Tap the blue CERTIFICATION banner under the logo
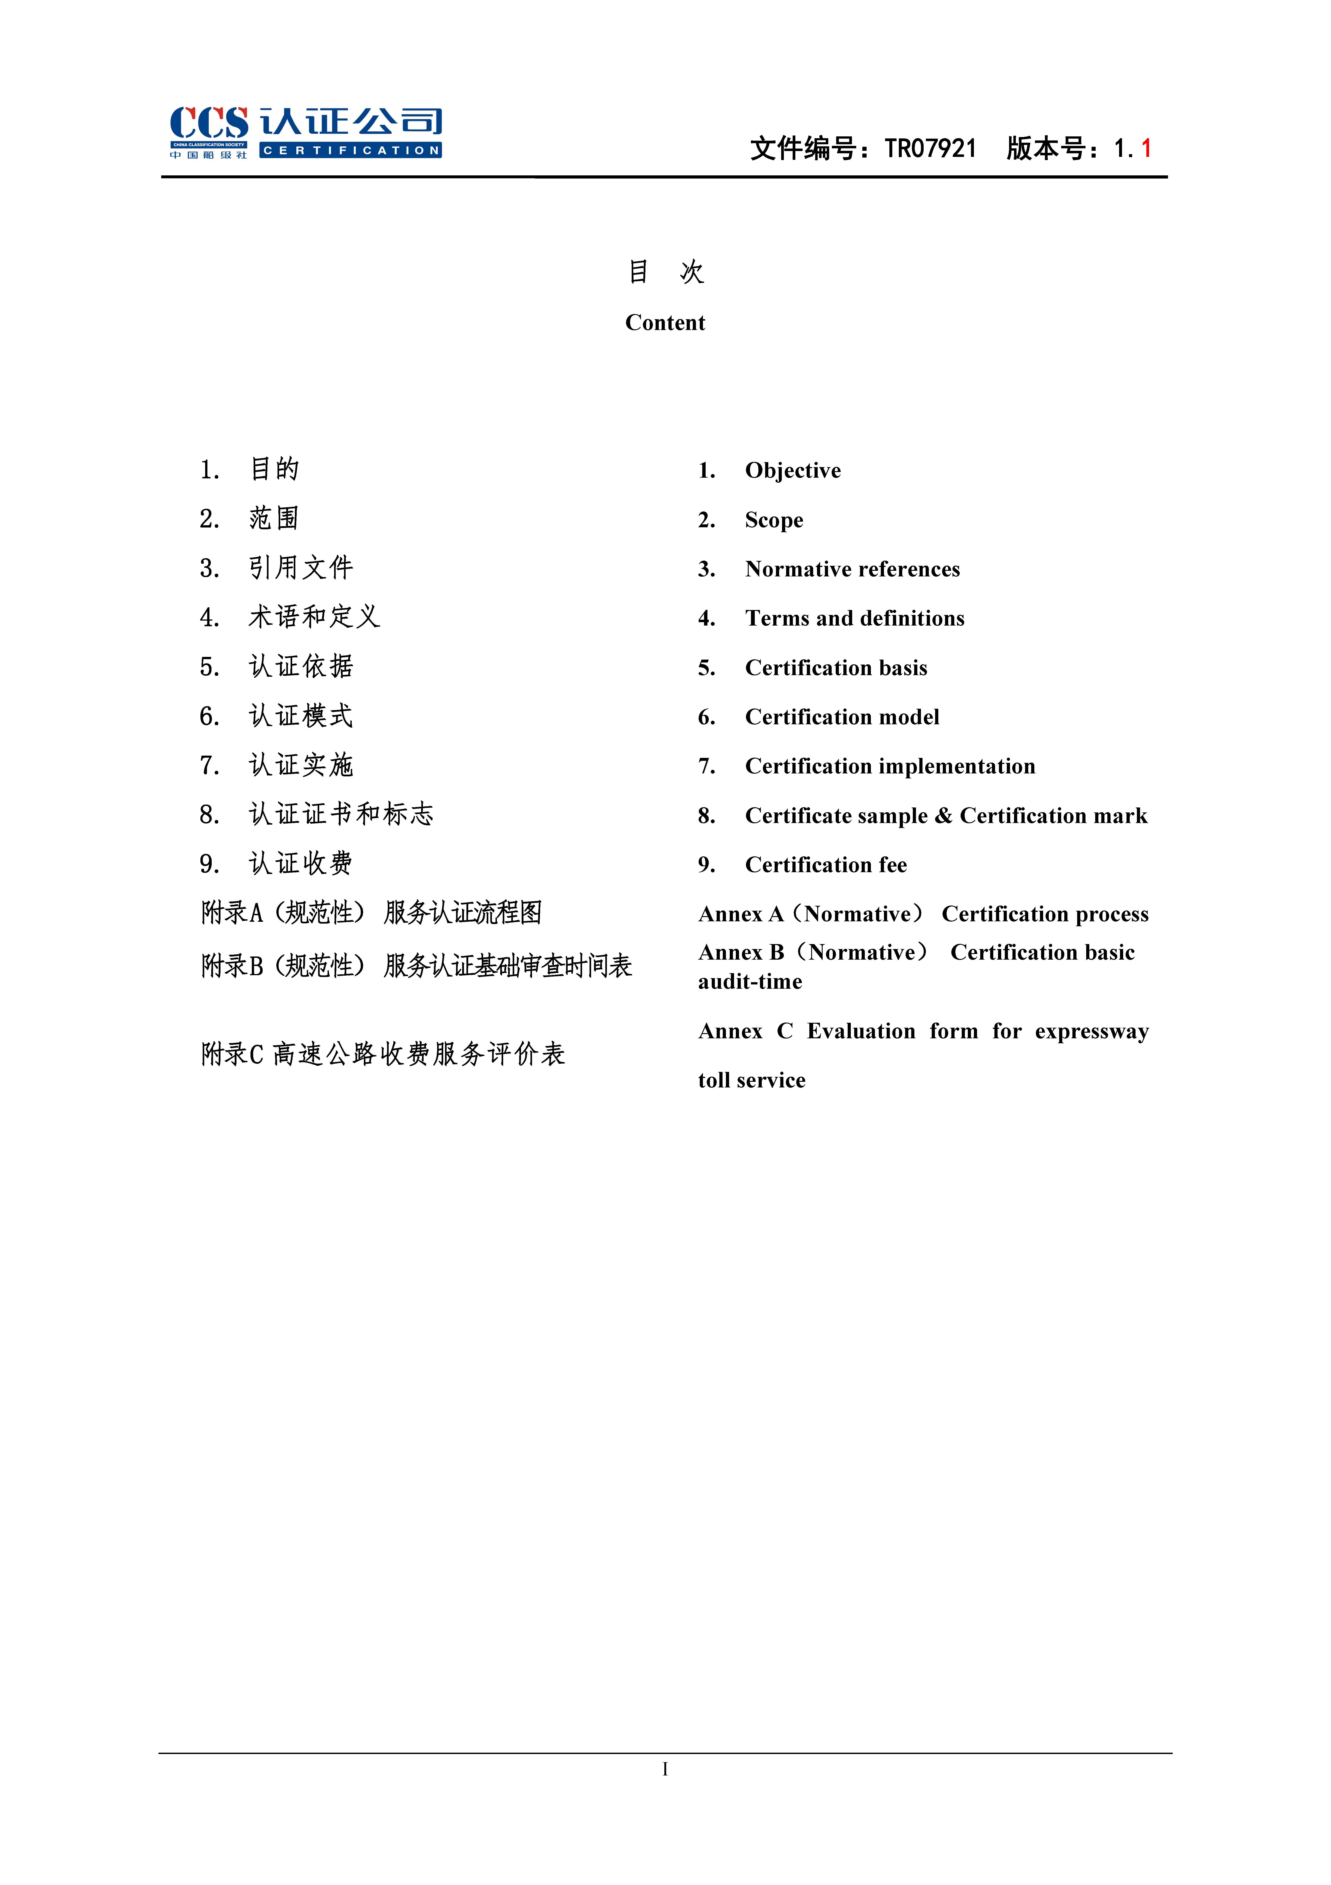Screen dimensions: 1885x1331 click(351, 150)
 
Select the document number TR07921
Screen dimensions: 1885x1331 click(930, 149)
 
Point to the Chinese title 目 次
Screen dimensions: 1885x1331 click(665, 272)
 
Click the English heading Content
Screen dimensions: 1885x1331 click(665, 323)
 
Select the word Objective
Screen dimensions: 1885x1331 click(792, 470)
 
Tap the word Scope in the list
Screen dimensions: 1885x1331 click(773, 521)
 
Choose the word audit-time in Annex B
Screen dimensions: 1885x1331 click(750, 982)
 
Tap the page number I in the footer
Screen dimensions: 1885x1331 click(665, 1769)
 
